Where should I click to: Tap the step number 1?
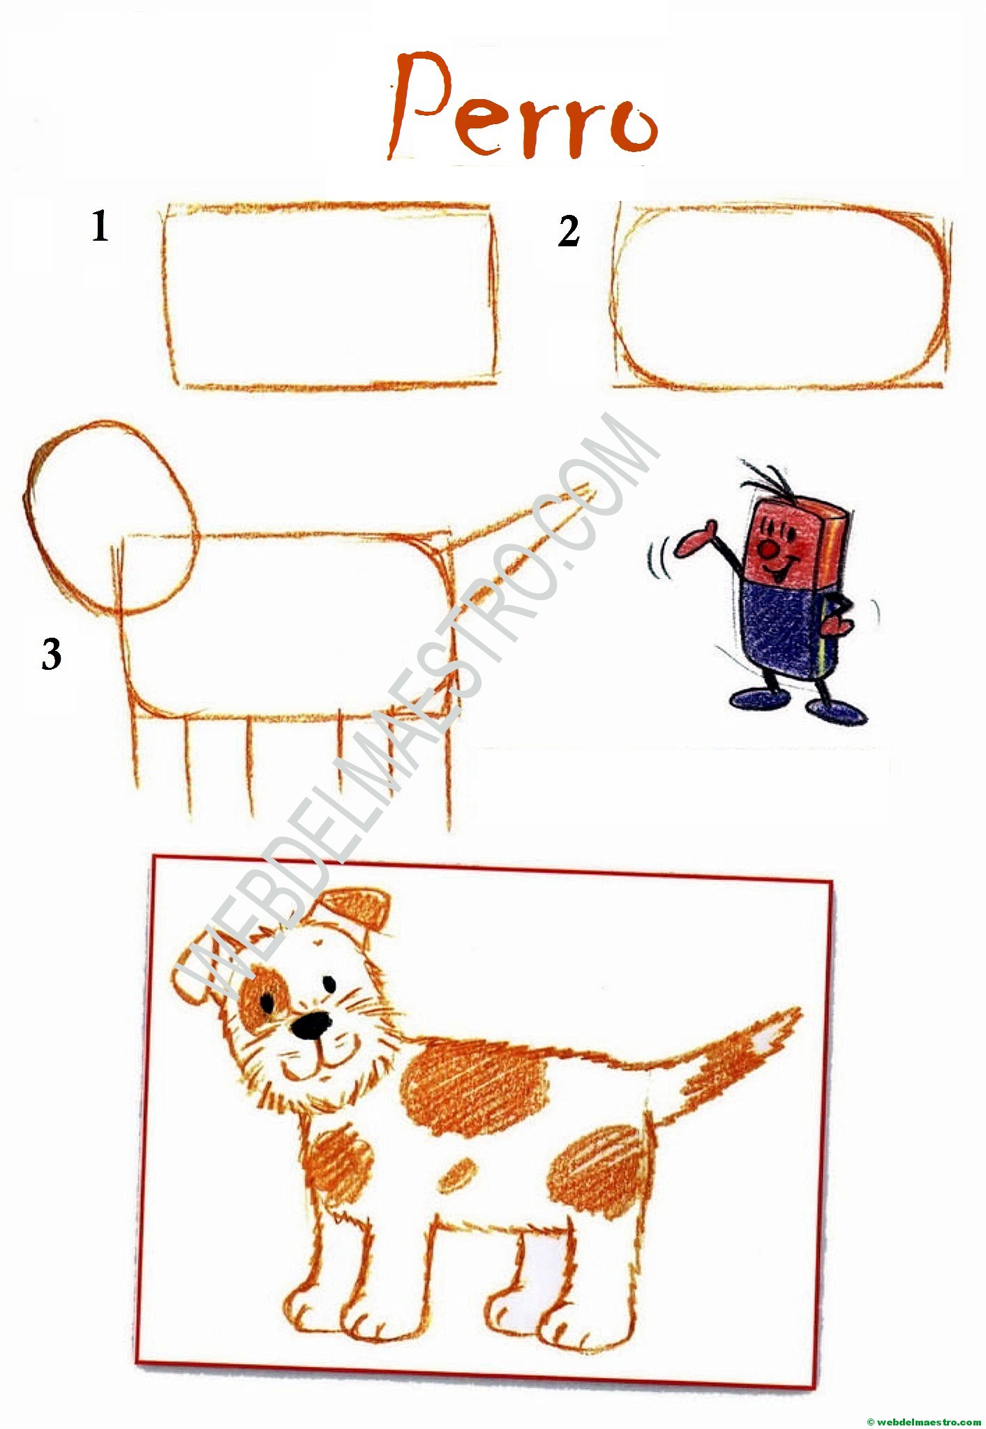coord(100,227)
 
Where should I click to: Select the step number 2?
coord(569,232)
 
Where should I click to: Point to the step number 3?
coord(51,654)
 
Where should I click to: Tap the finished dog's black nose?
coord(311,1025)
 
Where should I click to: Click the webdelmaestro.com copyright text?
coord(923,1421)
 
